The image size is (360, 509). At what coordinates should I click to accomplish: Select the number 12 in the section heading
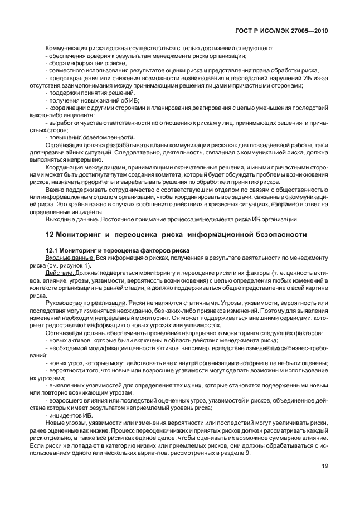point(49,234)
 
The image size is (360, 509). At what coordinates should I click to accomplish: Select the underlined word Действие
point(60,273)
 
